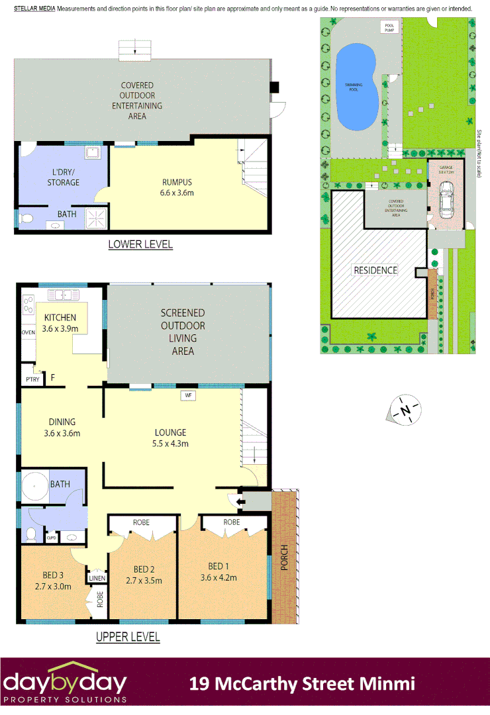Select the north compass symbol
tap(405, 410)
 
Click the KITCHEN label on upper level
tap(60, 318)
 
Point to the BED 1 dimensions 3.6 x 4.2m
tap(218, 577)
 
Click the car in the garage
tap(446, 201)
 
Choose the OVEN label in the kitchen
tap(28, 332)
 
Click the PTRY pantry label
tap(31, 379)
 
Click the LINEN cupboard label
tap(97, 579)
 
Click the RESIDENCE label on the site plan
tap(375, 270)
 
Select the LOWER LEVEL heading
tap(140, 244)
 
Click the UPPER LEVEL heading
tap(128, 637)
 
